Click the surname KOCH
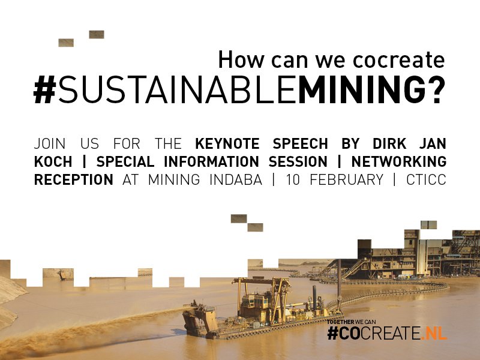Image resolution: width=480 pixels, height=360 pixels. point(54,162)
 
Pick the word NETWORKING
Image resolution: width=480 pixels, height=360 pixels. point(399,162)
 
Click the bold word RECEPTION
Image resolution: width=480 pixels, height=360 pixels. point(73,179)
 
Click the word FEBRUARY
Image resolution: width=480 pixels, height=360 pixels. point(345,179)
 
